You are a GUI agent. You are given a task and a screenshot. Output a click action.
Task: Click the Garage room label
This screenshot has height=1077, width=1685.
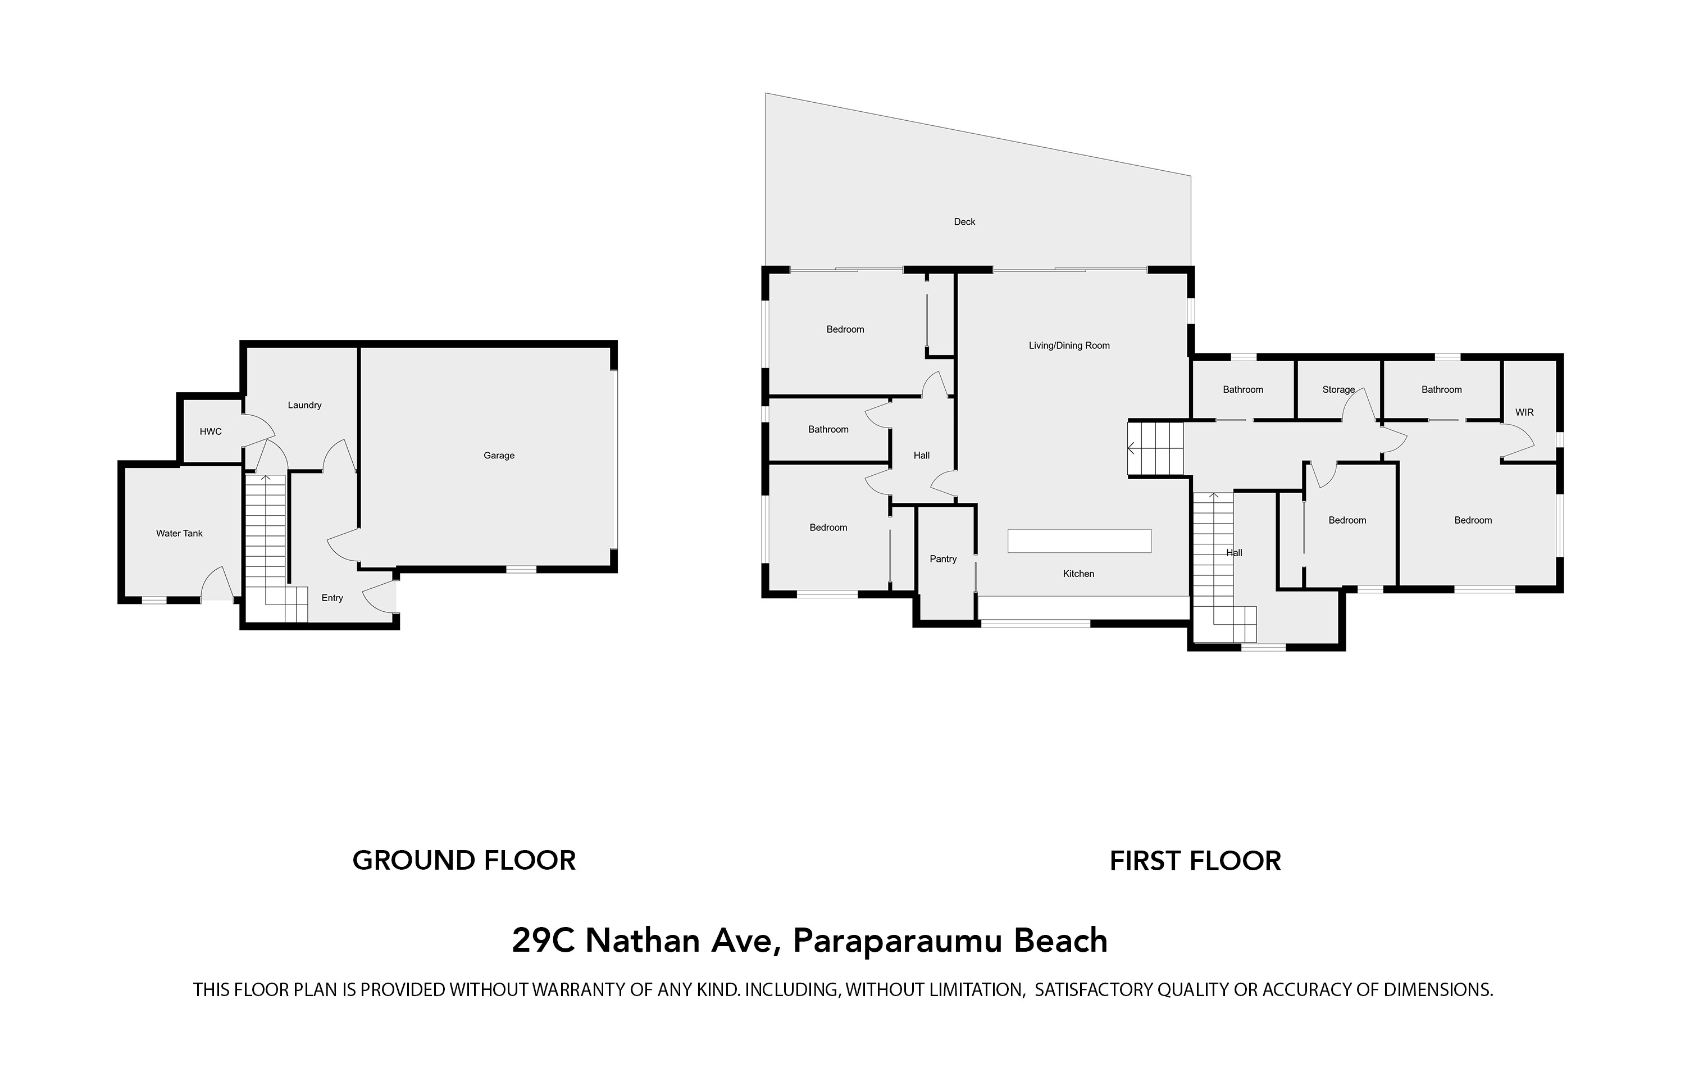[x=499, y=456]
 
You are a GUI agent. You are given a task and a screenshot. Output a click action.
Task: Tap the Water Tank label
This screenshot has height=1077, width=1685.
[x=179, y=533]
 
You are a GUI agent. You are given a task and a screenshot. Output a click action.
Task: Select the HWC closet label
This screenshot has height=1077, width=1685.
[x=211, y=432]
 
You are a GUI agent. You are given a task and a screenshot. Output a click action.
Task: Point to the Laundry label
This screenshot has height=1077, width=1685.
[x=304, y=405]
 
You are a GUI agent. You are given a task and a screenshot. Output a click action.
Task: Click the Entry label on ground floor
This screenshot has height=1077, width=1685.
[x=332, y=598]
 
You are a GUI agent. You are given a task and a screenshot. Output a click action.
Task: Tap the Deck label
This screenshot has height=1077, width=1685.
[x=964, y=222]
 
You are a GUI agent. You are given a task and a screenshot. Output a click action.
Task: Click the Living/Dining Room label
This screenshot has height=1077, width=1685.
[x=1068, y=346]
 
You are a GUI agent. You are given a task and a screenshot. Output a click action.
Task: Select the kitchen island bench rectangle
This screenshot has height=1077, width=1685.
[x=1079, y=541]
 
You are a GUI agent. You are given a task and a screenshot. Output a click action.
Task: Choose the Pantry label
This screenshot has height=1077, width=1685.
[x=942, y=559]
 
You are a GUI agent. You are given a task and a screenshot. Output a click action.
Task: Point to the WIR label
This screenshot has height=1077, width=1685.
[x=1524, y=413]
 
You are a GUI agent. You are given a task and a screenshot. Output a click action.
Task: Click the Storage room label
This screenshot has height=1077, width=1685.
[x=1338, y=390]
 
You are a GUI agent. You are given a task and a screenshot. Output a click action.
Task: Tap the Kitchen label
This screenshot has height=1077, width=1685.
[x=1078, y=574]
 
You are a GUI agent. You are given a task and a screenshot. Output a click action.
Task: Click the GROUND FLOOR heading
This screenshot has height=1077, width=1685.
[x=463, y=861]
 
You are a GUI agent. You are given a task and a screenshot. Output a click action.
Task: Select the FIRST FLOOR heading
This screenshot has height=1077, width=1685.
[x=1195, y=861]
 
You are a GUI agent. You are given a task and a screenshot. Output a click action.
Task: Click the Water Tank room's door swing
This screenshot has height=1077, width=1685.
[x=217, y=585]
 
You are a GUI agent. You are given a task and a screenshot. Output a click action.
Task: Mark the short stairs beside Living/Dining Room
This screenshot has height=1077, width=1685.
[x=1155, y=448]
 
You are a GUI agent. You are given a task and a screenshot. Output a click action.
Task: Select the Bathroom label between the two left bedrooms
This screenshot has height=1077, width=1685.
[x=828, y=430]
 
